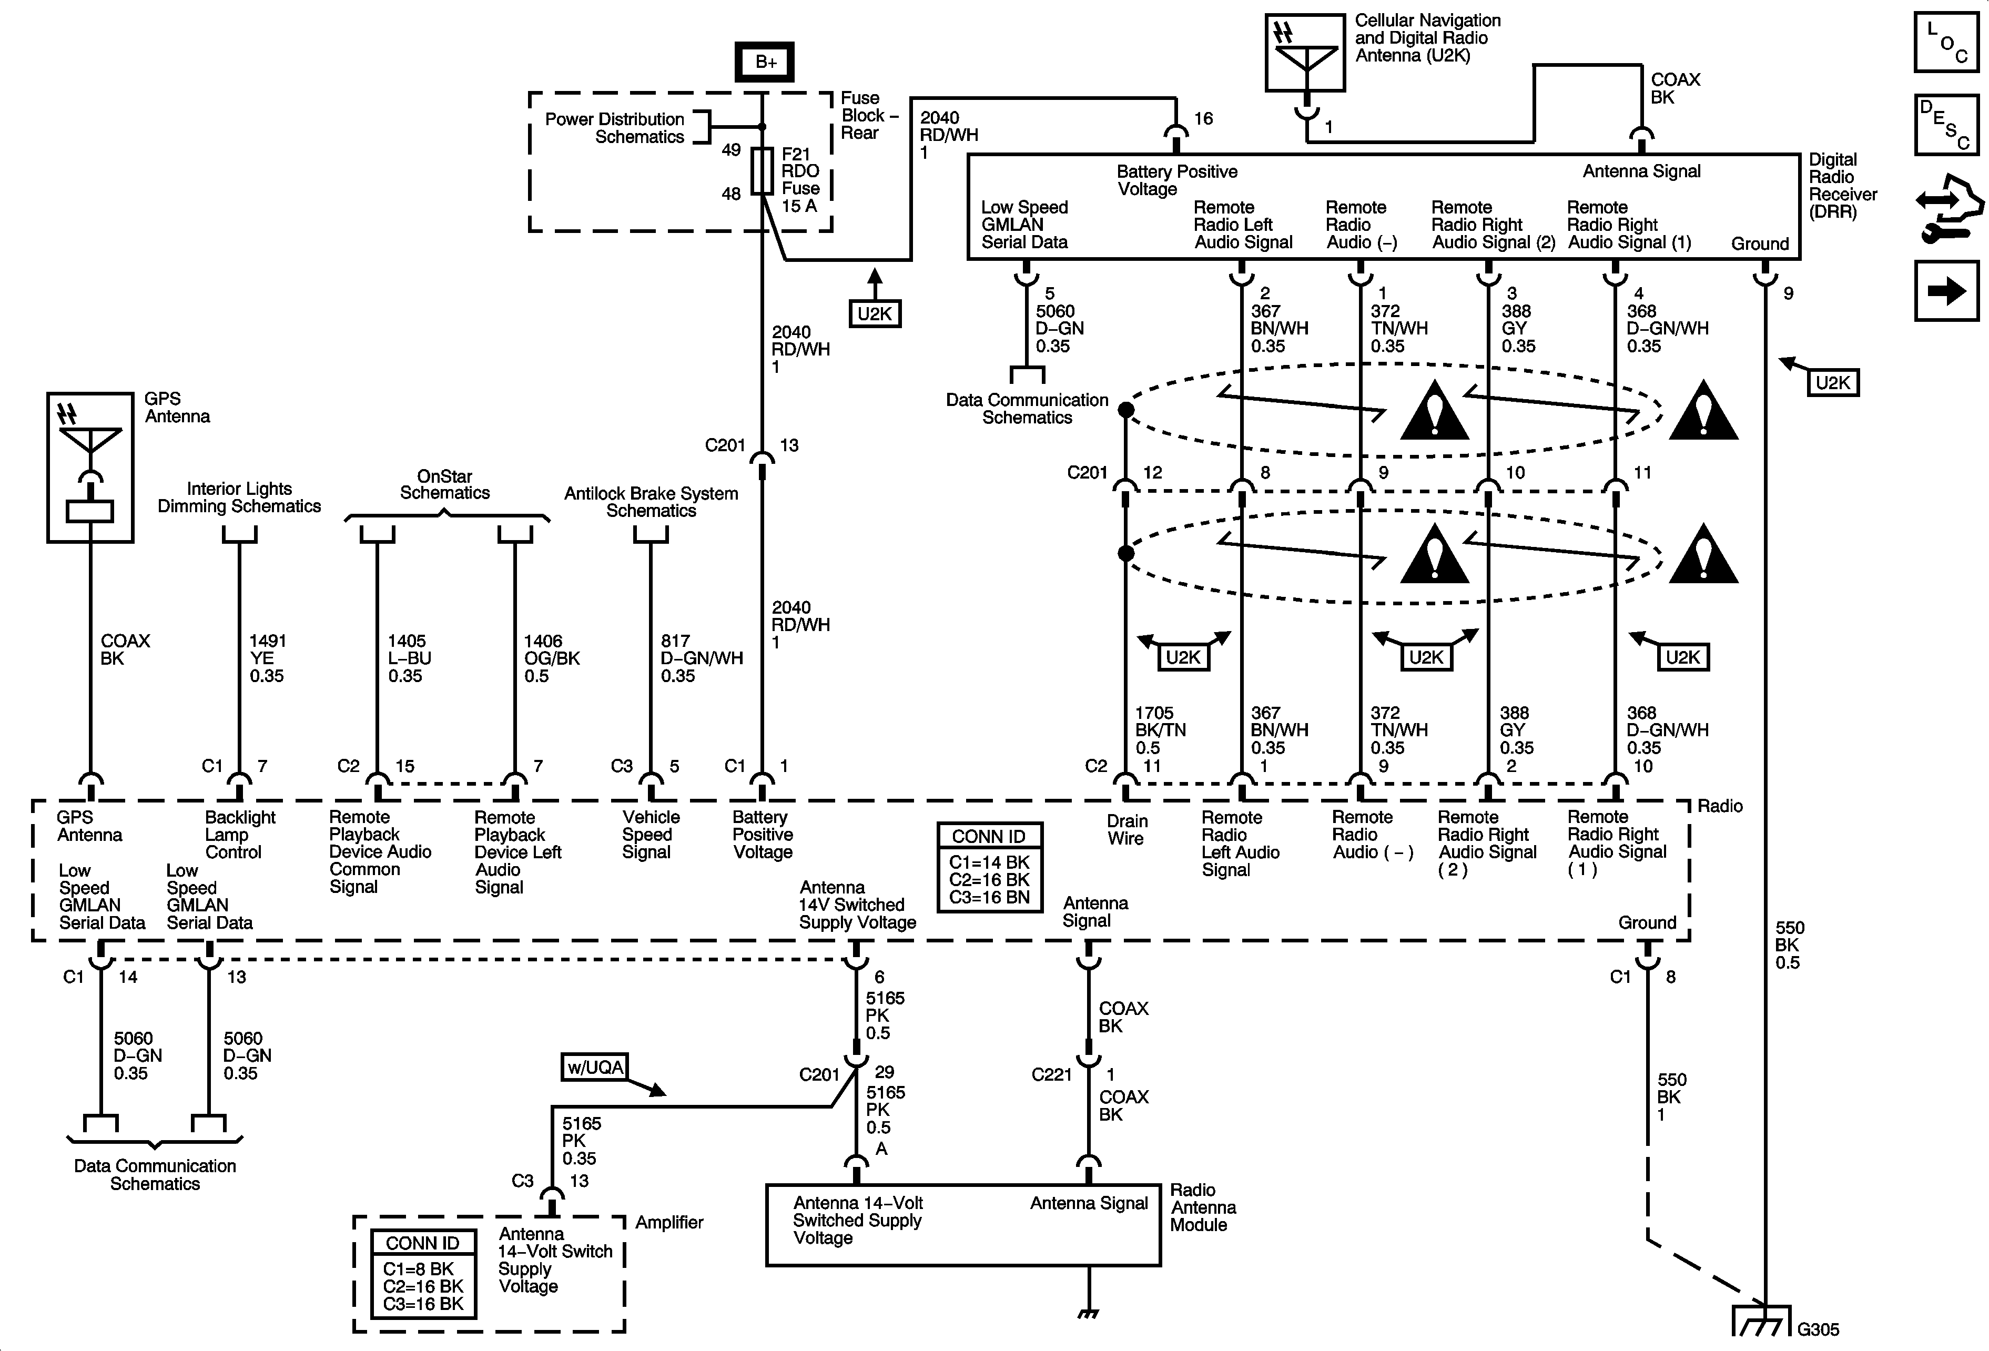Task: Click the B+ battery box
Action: pos(764,62)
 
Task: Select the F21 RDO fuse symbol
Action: pos(762,171)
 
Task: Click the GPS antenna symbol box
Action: pos(90,467)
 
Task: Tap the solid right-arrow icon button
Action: pos(1946,291)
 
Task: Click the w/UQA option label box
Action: pos(595,1067)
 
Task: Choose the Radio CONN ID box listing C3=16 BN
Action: pos(989,867)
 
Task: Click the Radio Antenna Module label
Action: pos(1202,1207)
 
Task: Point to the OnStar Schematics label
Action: pos(444,484)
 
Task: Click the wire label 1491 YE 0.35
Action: pos(267,658)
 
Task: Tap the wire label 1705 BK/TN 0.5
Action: pos(1160,730)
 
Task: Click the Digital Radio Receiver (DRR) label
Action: pos(1842,186)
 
